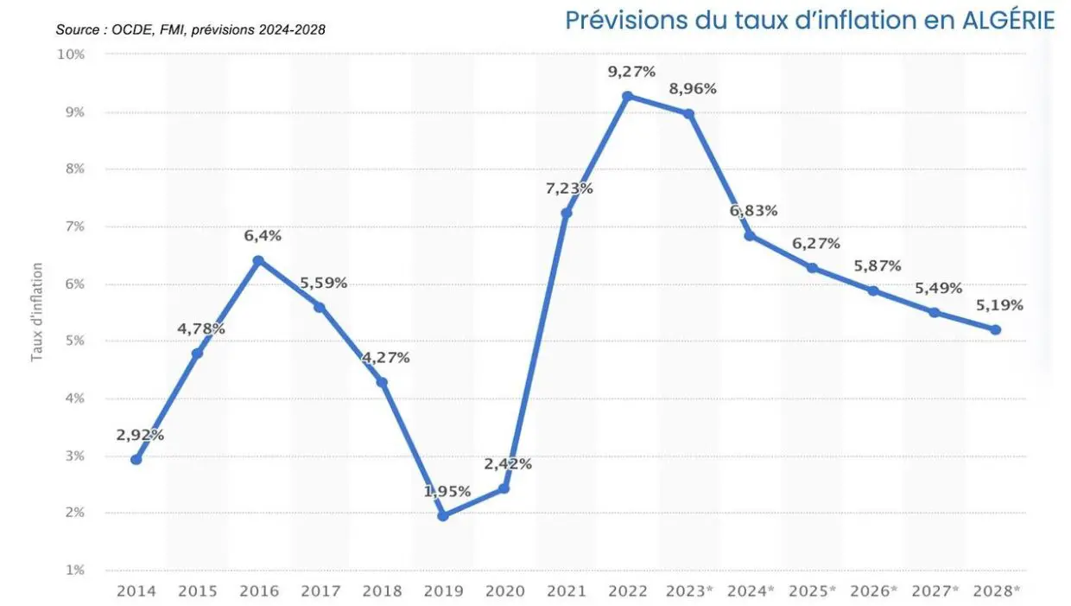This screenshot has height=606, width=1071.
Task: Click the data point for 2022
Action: [628, 96]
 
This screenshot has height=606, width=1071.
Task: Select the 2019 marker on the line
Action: [443, 516]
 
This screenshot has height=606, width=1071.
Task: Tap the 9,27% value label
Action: [632, 72]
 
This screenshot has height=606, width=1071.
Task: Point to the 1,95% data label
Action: [447, 492]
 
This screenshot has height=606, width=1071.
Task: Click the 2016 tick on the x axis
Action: [258, 591]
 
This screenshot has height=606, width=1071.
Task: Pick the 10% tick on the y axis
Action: [71, 54]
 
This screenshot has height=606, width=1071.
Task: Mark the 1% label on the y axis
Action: [74, 570]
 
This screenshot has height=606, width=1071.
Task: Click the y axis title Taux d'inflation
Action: [37, 312]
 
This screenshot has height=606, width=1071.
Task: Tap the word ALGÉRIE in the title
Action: [1008, 21]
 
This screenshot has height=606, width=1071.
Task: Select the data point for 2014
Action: [136, 459]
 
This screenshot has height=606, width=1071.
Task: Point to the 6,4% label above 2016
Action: [263, 236]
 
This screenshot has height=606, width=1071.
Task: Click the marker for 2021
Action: [567, 213]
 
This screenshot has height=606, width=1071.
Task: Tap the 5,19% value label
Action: [999, 305]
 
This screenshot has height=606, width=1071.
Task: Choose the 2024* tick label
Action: [750, 591]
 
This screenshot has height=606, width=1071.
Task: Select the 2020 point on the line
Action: [504, 488]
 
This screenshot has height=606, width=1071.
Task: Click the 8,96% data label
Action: [693, 89]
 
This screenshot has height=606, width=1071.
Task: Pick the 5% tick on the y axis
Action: [74, 341]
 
